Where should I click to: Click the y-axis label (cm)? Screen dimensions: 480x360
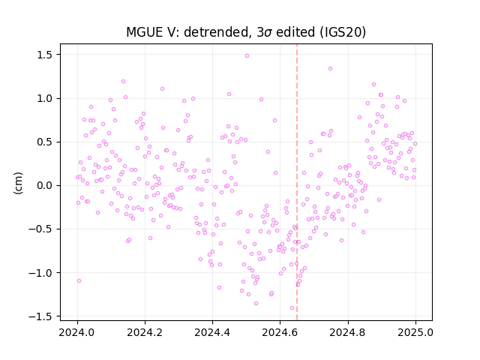18,183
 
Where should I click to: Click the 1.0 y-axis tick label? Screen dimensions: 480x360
45,98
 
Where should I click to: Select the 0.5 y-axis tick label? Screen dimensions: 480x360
45,142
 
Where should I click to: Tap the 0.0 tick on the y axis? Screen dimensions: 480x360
45,185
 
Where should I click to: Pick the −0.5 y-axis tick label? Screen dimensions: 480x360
41,229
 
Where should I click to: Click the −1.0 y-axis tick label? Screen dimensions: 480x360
41,273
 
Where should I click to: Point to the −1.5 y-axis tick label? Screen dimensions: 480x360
41,316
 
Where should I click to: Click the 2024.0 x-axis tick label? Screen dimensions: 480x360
77,332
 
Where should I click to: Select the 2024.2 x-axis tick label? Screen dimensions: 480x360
145,332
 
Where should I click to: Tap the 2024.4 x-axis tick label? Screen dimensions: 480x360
212,332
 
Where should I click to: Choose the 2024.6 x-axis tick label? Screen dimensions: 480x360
280,332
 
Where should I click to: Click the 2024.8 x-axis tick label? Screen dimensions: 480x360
348,332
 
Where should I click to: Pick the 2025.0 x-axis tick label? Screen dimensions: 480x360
415,332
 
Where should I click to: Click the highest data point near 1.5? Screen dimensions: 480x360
247,56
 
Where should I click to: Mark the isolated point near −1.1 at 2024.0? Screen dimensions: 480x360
79,280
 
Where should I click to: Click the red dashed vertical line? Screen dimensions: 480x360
297,182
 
